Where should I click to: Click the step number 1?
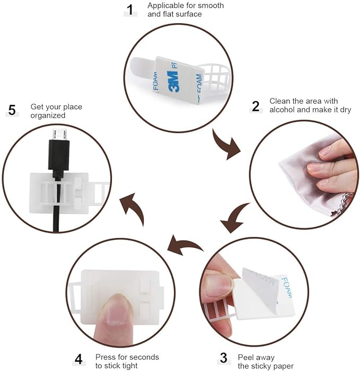pos(130,10)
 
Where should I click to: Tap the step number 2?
pos(256,106)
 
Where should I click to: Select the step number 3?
pos(224,358)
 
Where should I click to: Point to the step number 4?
pos(78,359)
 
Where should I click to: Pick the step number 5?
pos(12,110)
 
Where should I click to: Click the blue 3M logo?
pos(173,82)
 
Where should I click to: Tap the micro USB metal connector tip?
pos(59,134)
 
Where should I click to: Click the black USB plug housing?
pos(59,155)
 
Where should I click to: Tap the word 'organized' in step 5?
pos(48,116)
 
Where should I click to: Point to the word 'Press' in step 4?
pos(105,357)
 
